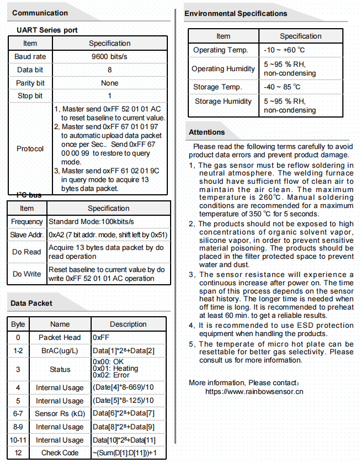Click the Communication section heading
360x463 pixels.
40,13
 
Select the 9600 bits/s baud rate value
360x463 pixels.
109,57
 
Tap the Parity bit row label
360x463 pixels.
30,83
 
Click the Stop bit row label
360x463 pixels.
30,97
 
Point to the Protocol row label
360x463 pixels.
30,149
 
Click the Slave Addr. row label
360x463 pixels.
27,235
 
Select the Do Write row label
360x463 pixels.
27,274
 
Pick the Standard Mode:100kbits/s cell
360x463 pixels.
92,222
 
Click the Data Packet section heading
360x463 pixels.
32,303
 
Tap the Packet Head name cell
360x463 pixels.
60,338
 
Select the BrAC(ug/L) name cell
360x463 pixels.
60,351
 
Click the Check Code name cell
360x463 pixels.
60,453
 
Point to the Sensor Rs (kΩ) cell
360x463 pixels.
60,413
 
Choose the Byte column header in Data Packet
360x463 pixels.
18,324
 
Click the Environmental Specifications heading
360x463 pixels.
236,13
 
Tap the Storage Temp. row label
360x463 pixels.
218,87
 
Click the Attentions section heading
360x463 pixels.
207,132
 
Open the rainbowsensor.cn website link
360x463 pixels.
254,392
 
